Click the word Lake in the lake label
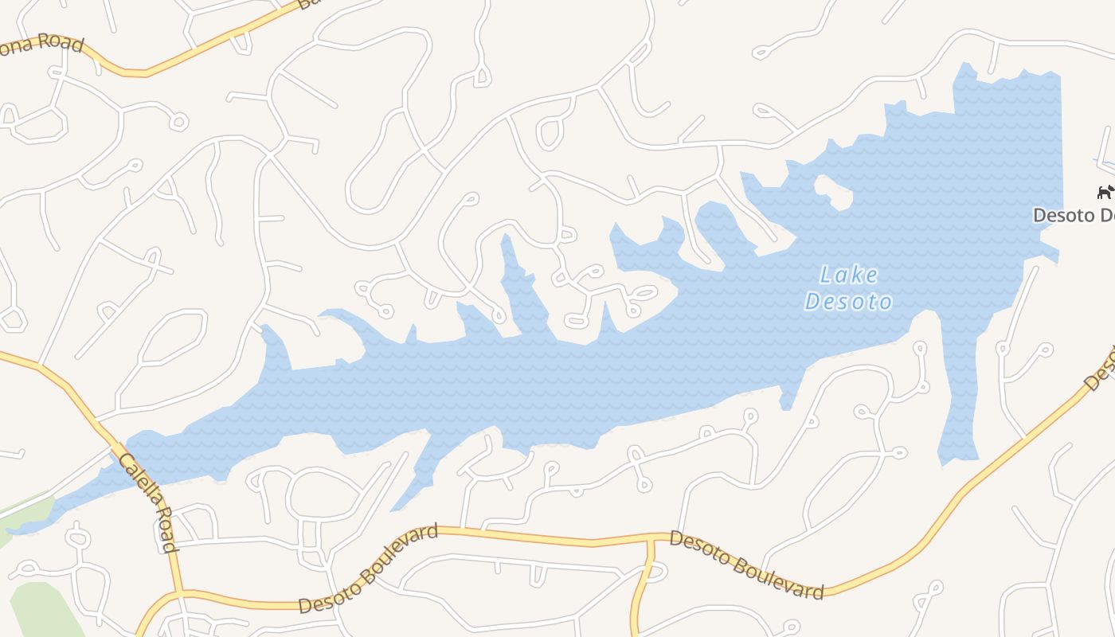click(x=849, y=276)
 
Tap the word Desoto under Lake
click(x=848, y=302)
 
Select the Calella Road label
click(x=147, y=502)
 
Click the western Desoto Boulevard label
click(x=368, y=569)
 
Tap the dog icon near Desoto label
click(x=1105, y=192)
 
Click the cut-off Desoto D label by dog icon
click(x=1073, y=215)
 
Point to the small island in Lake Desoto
click(x=833, y=192)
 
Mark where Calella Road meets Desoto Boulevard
click(x=179, y=592)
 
